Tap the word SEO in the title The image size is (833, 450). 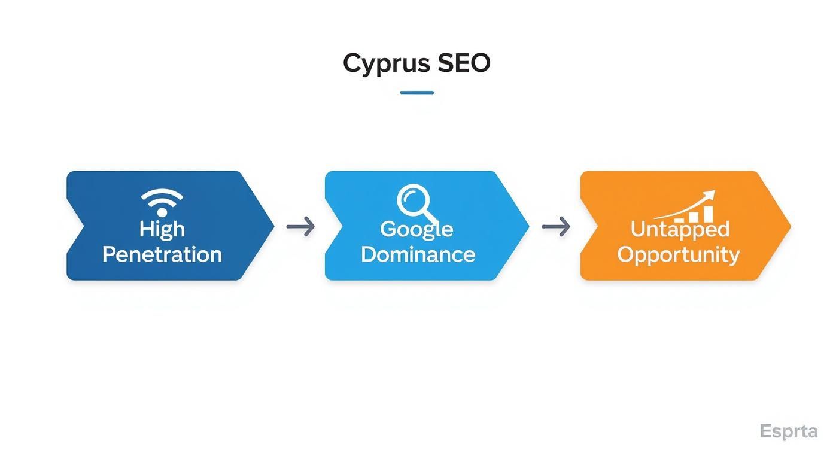point(464,63)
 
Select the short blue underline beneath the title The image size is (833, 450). point(416,93)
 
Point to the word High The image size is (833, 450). point(162,229)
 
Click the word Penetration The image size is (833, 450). point(162,254)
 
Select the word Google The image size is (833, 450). point(416,229)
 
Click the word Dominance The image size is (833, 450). point(418,254)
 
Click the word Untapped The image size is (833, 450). point(680,229)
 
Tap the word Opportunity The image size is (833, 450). point(678,255)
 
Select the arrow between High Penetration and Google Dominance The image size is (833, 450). point(300,227)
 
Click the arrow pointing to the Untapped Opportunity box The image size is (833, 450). point(555,227)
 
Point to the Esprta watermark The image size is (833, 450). point(788,431)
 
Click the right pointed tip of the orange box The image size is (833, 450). point(789,226)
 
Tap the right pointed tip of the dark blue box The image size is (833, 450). point(273,226)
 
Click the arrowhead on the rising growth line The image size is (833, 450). point(710,194)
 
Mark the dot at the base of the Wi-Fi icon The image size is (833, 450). point(162,212)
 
